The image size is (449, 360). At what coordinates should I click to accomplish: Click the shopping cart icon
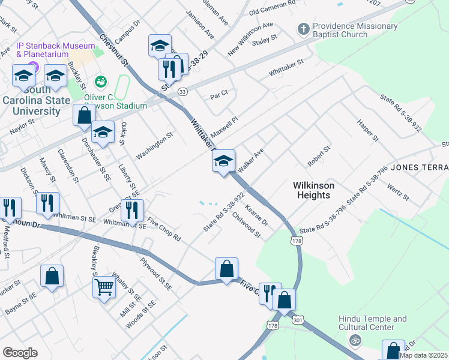click(104, 287)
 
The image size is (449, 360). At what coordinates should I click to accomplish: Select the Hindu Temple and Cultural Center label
click(372, 324)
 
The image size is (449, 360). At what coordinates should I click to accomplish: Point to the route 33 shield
click(182, 91)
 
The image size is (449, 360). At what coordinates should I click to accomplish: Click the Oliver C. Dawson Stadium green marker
click(100, 81)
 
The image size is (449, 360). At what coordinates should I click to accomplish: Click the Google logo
click(20, 353)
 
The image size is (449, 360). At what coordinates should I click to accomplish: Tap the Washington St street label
click(154, 146)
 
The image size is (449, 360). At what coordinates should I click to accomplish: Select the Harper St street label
click(367, 130)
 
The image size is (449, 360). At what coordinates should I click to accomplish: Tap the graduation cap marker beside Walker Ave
click(223, 161)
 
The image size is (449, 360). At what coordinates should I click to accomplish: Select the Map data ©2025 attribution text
click(423, 355)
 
